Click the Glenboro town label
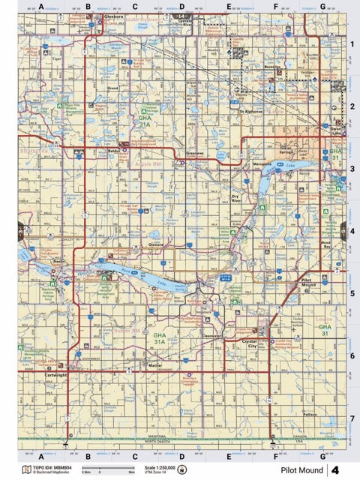tap(114, 15)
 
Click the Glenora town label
tap(156, 244)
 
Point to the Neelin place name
tap(58, 261)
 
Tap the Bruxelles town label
tap(274, 67)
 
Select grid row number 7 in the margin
tap(352, 418)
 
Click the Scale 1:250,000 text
tap(157, 467)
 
